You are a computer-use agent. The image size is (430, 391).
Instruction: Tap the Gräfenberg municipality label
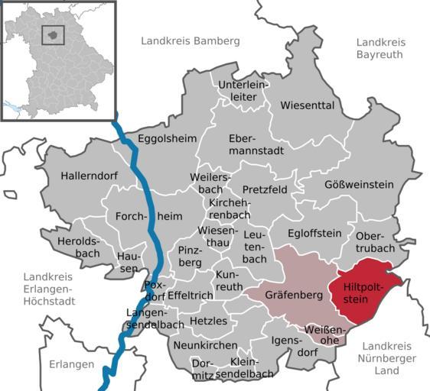(292, 294)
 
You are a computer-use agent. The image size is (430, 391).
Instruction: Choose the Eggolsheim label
(167, 138)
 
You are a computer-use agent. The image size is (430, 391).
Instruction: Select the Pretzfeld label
(265, 189)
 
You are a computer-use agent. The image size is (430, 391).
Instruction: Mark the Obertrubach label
(376, 241)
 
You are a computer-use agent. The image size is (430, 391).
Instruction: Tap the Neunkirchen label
(204, 345)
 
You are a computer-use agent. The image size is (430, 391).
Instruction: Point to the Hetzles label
(208, 321)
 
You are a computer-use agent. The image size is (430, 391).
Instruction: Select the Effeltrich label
(188, 294)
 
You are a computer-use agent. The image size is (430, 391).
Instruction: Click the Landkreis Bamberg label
(190, 40)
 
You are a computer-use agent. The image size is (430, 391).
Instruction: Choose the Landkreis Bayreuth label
(384, 48)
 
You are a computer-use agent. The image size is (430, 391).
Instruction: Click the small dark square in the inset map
(52, 34)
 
